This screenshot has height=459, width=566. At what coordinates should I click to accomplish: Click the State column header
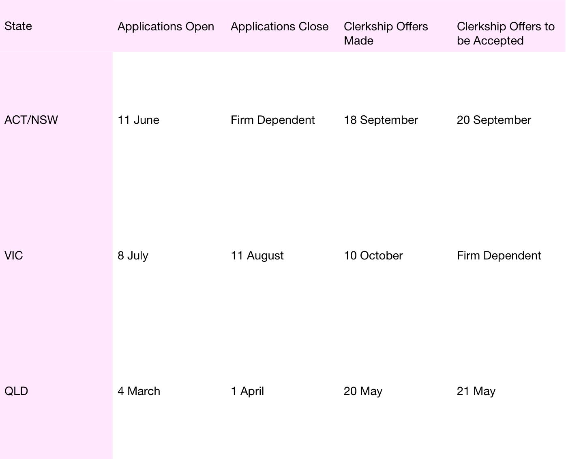pos(18,26)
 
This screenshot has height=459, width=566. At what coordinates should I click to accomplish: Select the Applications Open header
pos(166,27)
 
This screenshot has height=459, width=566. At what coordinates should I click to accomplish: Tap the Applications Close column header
pos(279,27)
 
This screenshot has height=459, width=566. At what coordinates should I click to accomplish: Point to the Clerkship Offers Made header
pos(386,33)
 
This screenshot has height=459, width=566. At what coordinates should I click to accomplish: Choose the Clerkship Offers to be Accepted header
pos(505,33)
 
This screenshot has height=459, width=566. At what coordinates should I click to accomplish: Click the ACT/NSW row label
pos(31,120)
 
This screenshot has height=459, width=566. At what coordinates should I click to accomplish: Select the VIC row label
pos(14,256)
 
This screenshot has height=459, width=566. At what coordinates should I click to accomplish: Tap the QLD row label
pos(16,391)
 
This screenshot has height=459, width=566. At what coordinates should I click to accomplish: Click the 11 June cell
pos(138,120)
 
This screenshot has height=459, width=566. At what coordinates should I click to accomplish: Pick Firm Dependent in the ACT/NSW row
pos(272,120)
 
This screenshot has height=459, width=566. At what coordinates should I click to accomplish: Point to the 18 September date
pos(381,120)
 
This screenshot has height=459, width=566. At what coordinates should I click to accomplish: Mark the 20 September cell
pos(494,120)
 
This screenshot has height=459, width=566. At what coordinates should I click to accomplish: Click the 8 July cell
pos(133,256)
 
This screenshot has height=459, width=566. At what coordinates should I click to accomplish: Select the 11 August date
pos(257,256)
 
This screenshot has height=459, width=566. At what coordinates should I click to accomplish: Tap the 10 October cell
pos(373,256)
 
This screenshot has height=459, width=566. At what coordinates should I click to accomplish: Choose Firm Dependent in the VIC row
pos(499,256)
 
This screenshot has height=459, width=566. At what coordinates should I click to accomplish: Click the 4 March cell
pos(139,391)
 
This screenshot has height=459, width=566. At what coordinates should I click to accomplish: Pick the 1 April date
pos(247,391)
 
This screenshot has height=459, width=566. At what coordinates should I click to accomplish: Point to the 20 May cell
pos(363,391)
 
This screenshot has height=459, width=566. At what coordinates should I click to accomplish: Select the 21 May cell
pos(476,391)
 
